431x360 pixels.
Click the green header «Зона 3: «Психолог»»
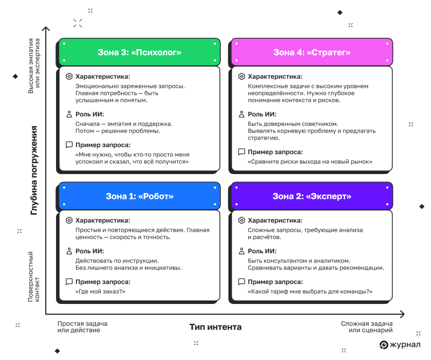[x=140, y=52]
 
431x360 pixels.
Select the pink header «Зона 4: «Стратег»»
[x=312, y=52]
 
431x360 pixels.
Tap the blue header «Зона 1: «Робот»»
[x=140, y=196]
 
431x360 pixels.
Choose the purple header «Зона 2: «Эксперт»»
[x=312, y=196]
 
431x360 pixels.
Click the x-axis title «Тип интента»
[x=215, y=327]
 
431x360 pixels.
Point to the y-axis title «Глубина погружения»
[x=34, y=170]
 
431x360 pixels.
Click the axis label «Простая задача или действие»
[x=82, y=327]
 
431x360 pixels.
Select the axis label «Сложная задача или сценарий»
[x=367, y=327]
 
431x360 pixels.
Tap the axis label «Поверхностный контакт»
[x=33, y=276]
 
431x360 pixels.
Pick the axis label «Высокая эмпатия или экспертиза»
[x=33, y=66]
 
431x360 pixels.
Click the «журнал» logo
[x=400, y=344]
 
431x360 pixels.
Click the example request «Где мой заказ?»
[x=100, y=292]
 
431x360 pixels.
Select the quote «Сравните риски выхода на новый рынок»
[x=310, y=162]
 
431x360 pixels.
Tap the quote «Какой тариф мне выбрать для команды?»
[x=310, y=292]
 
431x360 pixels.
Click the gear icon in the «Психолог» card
[x=69, y=77]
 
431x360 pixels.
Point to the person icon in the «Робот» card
[x=69, y=251]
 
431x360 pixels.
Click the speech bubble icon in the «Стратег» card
[x=241, y=152]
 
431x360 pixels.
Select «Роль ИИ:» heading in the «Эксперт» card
[x=262, y=251]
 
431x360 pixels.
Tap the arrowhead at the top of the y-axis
[x=46, y=28]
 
